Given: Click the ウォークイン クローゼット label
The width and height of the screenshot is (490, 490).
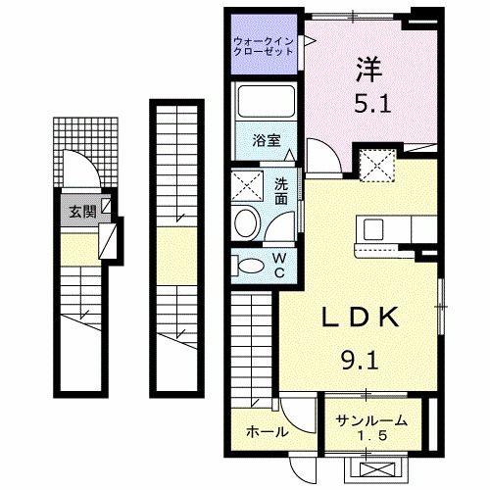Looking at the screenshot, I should tap(264, 46).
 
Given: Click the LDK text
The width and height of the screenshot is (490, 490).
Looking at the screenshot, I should tap(360, 318).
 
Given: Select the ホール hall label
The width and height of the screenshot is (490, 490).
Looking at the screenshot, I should tap(267, 431).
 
